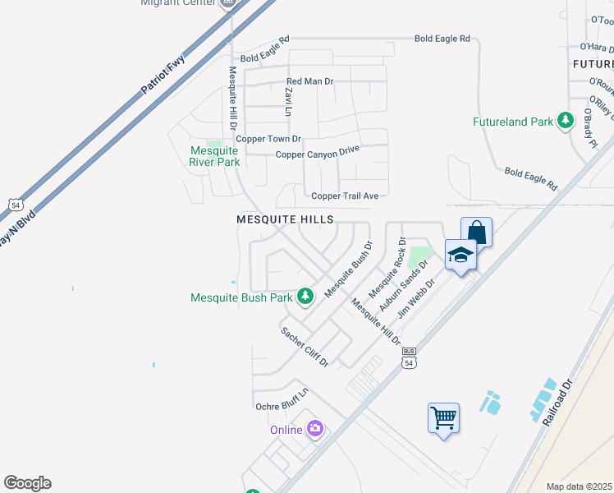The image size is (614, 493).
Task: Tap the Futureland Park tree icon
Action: click(x=566, y=122)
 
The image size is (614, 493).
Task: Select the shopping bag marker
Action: click(x=476, y=233)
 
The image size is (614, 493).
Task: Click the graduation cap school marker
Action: click(x=460, y=255)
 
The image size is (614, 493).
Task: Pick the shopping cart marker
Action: click(x=443, y=418)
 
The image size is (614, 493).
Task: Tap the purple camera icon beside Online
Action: click(x=314, y=429)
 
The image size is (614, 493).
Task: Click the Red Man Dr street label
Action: click(x=310, y=81)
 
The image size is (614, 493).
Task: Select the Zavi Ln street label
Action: click(x=288, y=101)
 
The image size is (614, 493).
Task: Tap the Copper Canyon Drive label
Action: click(x=318, y=154)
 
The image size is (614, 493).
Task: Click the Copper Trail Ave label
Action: click(x=345, y=196)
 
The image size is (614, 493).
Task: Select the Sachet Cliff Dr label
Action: click(x=305, y=347)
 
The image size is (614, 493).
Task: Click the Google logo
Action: click(x=27, y=483)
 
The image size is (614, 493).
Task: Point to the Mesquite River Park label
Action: click(x=214, y=156)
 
